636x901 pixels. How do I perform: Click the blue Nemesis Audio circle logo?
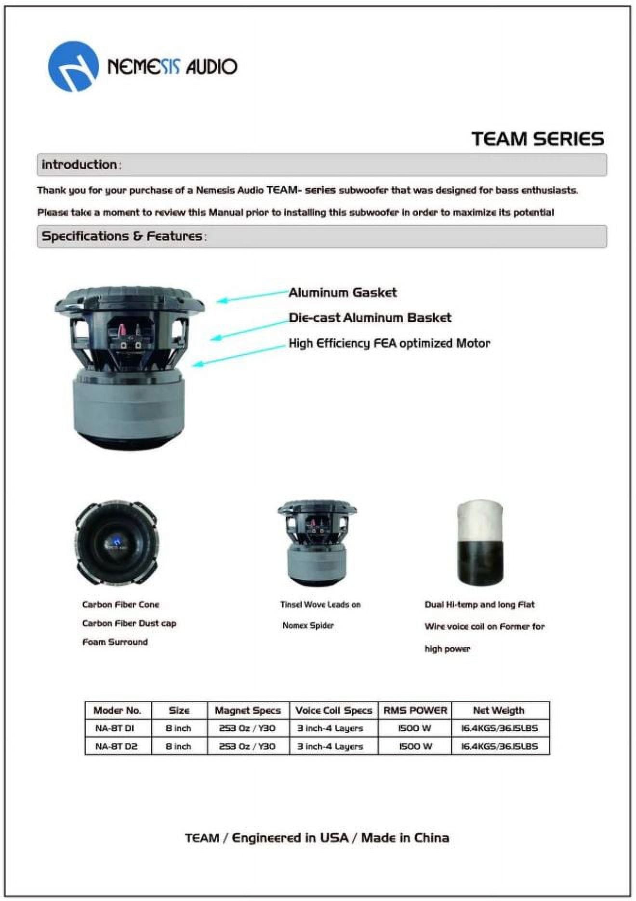[x=73, y=67]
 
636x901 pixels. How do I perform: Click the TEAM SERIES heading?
[x=537, y=139]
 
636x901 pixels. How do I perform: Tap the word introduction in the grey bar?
[x=79, y=165]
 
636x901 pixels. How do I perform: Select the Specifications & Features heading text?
[x=122, y=236]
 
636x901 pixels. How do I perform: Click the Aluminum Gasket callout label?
[x=343, y=293]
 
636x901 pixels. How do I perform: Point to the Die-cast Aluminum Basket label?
[x=370, y=318]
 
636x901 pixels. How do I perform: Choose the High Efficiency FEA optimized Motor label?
[x=389, y=343]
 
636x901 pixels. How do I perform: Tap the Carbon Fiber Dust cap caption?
[x=129, y=623]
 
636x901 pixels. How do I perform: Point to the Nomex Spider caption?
[x=308, y=626]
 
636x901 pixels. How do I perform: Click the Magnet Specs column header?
[x=248, y=710]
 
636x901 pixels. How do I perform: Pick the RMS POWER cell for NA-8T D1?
[x=415, y=728]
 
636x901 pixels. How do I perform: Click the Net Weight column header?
[x=499, y=710]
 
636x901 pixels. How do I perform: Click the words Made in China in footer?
[x=405, y=838]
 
